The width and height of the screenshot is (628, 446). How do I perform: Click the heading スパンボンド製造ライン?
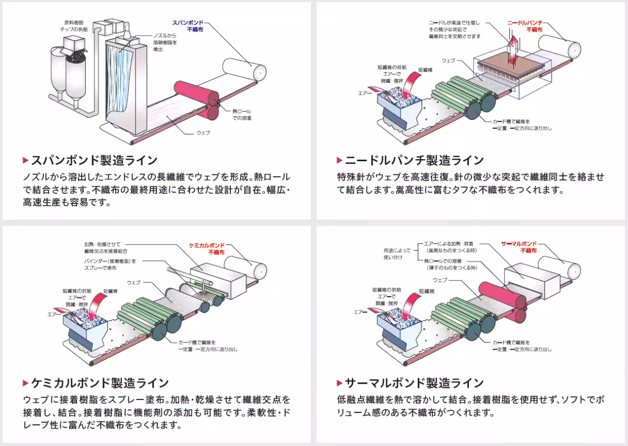pos(94,160)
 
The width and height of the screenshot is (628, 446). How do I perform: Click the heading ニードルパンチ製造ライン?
pos(414,160)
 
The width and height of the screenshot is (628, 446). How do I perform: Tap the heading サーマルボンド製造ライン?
pos(414,383)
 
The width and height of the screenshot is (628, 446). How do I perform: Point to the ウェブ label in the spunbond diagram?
pos(203,132)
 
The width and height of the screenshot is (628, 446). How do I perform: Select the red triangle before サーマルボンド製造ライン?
pos(340,383)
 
